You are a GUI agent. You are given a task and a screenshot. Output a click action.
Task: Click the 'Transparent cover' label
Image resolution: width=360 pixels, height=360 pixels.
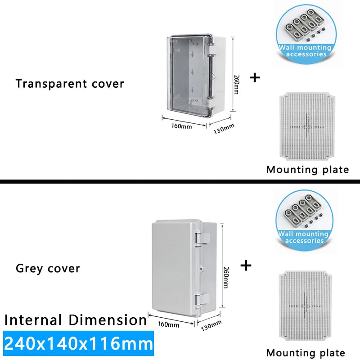(70, 84)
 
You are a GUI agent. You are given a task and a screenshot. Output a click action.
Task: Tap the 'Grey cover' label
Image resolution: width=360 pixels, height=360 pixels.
(48, 269)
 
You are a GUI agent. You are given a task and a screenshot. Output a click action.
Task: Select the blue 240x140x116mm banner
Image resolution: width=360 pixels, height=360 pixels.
(77, 344)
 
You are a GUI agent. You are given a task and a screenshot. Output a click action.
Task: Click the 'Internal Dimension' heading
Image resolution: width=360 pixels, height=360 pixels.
(76, 320)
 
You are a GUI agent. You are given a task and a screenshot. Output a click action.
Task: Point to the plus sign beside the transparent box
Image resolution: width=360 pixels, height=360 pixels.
(255, 77)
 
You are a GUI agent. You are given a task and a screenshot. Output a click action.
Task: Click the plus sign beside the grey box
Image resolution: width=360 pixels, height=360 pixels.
(245, 265)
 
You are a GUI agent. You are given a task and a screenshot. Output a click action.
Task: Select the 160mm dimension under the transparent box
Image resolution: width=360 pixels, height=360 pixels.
(181, 126)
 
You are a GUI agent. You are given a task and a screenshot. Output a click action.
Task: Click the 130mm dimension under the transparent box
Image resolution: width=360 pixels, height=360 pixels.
(224, 127)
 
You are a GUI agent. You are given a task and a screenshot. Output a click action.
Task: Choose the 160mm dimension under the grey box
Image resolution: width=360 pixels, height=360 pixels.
(169, 324)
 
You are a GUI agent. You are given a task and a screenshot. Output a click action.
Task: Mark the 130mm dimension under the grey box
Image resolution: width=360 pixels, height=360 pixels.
(211, 324)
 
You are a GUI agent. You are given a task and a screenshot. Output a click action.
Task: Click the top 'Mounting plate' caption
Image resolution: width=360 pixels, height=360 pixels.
(307, 170)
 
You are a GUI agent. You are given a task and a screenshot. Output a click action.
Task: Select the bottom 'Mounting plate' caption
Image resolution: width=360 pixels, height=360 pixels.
(306, 353)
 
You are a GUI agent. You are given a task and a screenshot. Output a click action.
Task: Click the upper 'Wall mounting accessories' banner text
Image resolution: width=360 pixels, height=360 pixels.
(305, 50)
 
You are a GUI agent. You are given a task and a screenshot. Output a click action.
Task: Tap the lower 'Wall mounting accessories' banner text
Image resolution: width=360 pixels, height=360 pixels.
(305, 237)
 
